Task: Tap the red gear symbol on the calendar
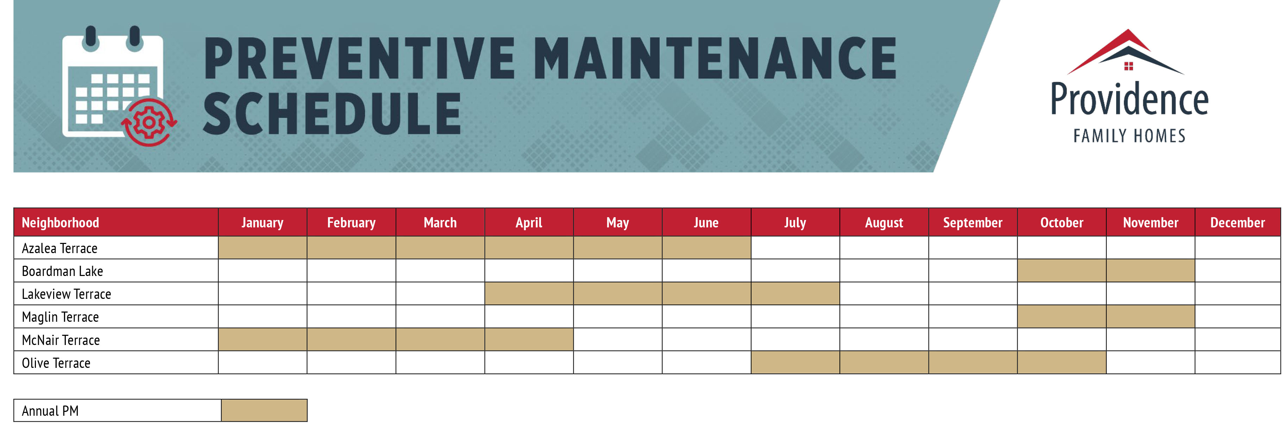pos(149,123)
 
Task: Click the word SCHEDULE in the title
pos(332,114)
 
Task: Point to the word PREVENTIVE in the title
pos(359,59)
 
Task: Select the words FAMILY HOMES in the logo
pos(1129,136)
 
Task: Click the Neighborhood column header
pos(60,223)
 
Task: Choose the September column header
pos(972,223)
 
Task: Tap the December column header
pos(1237,223)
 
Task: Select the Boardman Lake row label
pos(62,271)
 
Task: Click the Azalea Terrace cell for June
pos(706,248)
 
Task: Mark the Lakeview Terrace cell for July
pos(795,294)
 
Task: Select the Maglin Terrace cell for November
pos(1150,317)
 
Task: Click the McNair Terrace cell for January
pos(263,340)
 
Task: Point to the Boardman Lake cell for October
pos(1061,271)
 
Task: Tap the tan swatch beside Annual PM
pos(264,410)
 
